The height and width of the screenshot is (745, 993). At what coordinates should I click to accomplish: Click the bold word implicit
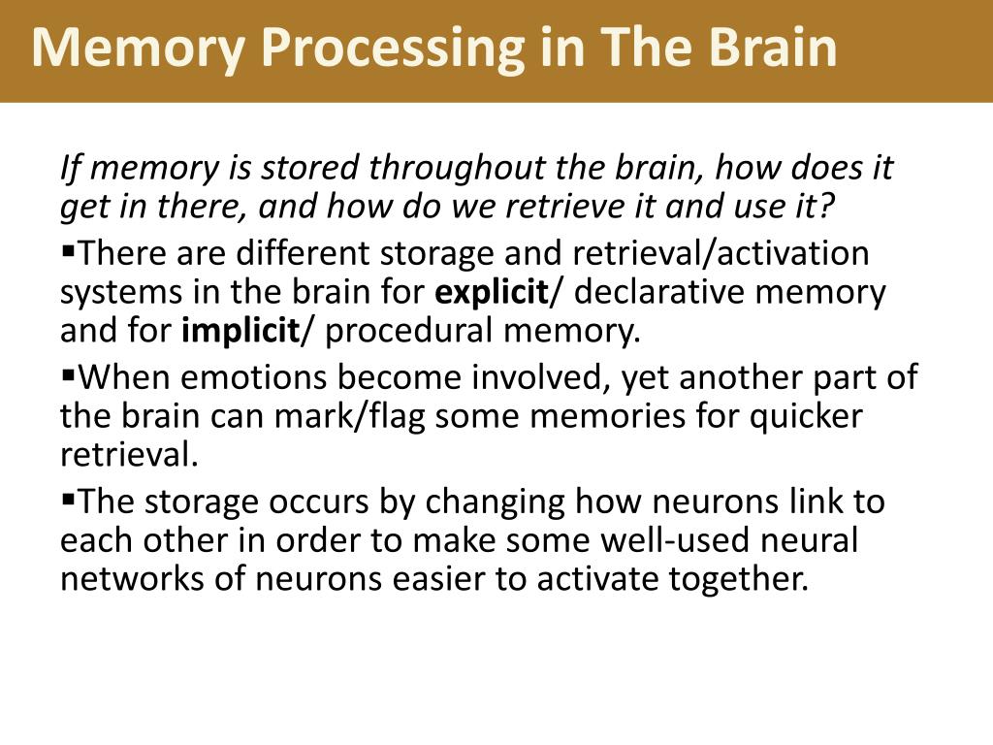click(240, 332)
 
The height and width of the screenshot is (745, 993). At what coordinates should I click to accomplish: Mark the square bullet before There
click(68, 250)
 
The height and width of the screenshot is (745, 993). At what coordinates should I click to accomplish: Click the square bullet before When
click(68, 373)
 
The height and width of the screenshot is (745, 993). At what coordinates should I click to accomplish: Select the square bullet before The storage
click(68, 499)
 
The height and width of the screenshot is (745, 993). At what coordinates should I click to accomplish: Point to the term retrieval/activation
click(721, 253)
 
